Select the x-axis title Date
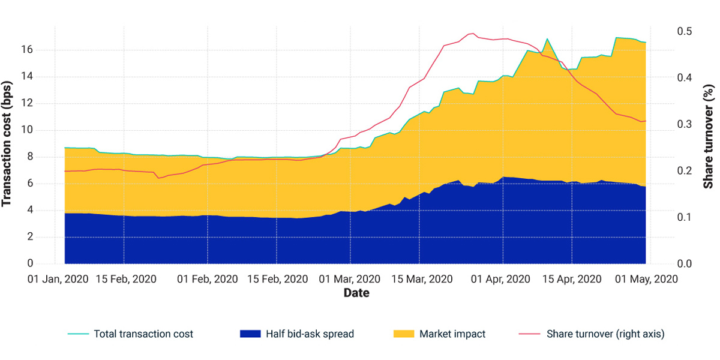356,293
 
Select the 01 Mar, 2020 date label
350,279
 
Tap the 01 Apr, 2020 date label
501,279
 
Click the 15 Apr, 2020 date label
572,279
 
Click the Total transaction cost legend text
143,334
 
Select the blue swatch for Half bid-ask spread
249,334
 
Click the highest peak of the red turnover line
472,34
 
